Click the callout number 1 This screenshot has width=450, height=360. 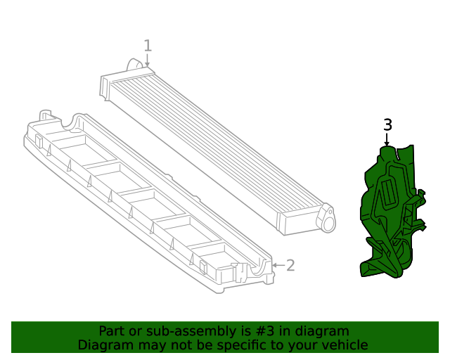coord(148,46)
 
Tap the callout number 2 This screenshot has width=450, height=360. coord(290,265)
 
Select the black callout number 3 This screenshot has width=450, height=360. coord(387,125)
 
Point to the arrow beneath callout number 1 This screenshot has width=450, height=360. coord(148,62)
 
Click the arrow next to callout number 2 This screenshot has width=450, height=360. coord(277,265)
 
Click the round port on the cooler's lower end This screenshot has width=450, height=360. coord(328,219)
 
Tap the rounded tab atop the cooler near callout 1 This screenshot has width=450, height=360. coord(134,65)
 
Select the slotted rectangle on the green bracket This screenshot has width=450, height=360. coord(387,193)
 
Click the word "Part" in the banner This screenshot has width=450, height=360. coord(111,331)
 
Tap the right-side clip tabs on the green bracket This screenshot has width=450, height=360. coord(422,211)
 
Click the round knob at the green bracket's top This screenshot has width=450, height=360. coord(387,150)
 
